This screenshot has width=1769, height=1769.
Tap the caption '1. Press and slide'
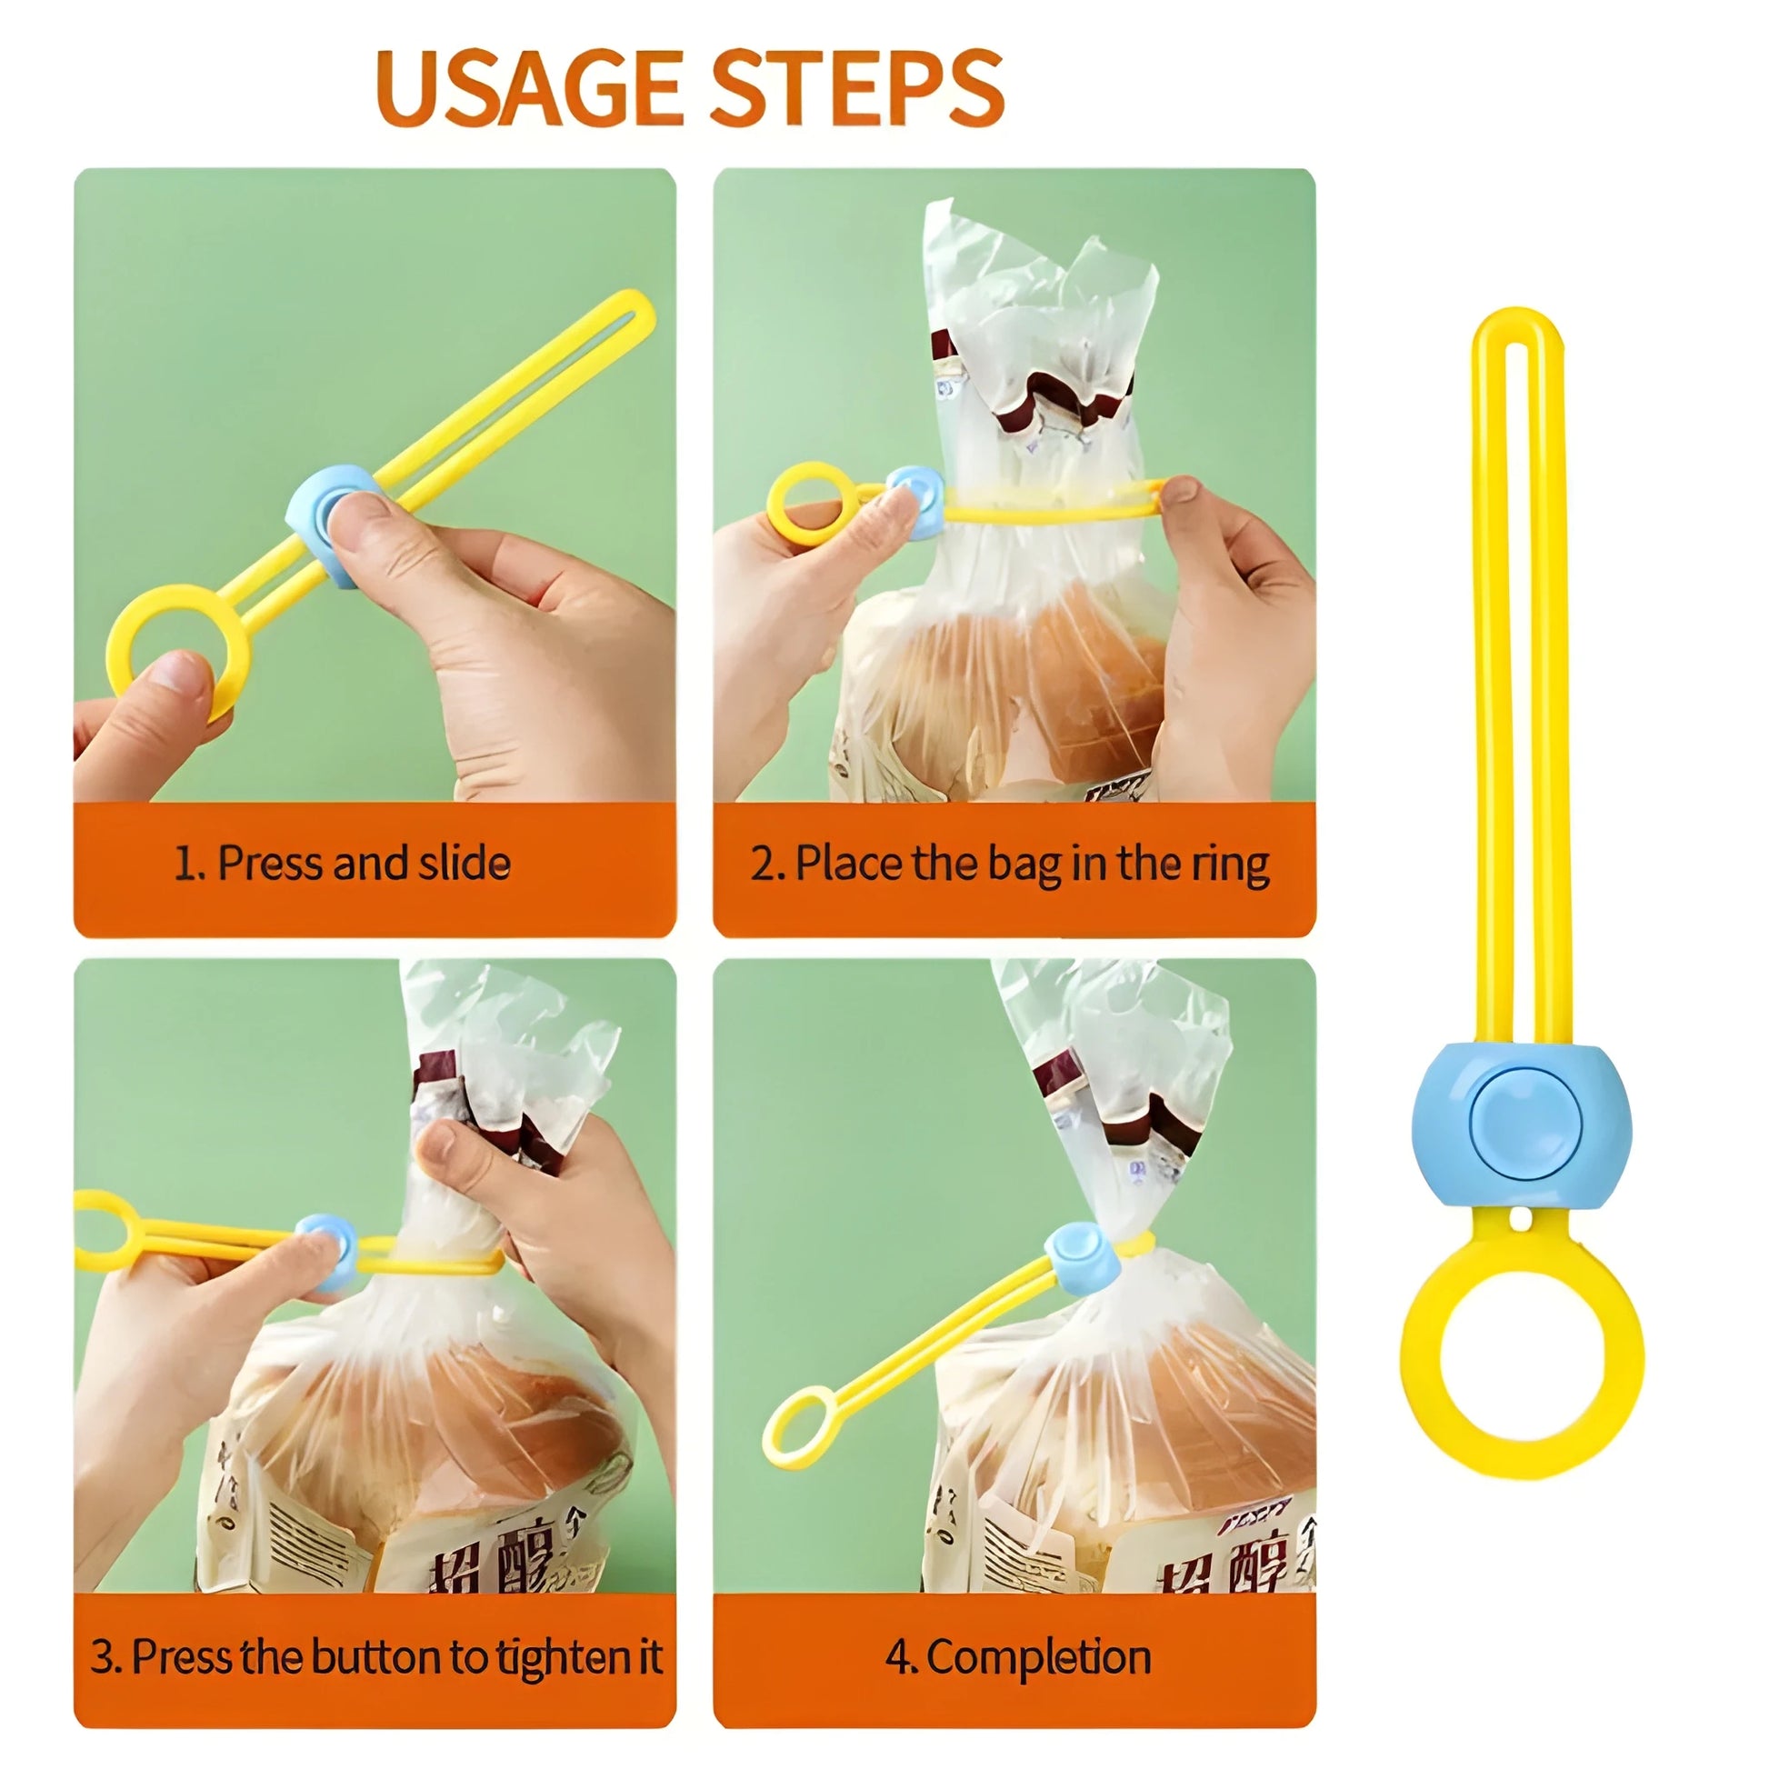tap(342, 864)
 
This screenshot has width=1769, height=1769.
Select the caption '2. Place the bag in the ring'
tap(1010, 864)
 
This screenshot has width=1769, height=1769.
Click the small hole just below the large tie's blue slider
tap(1519, 1221)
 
